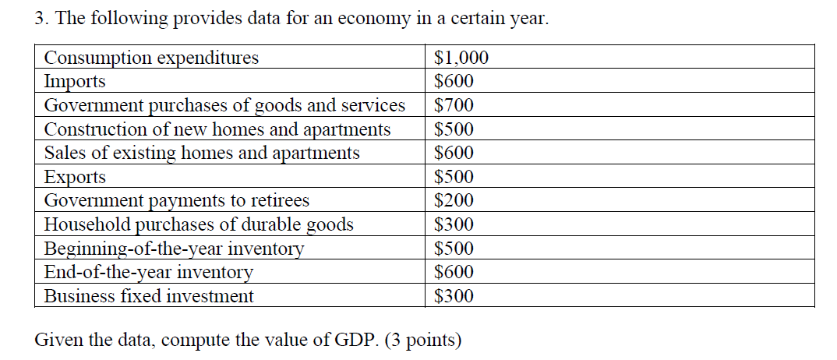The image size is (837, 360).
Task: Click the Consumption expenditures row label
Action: click(151, 58)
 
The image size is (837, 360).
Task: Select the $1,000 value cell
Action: click(461, 58)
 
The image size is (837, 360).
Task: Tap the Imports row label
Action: click(75, 81)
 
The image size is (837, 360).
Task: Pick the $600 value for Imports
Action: click(454, 81)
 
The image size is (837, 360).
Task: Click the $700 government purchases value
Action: click(454, 105)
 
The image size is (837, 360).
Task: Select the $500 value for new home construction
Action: click(454, 129)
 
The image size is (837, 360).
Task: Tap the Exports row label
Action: click(75, 177)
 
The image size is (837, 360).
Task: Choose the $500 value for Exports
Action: click(454, 177)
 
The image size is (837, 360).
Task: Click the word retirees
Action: click(280, 200)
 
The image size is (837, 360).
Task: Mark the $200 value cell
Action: click(454, 200)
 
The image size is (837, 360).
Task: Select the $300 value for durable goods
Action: click(454, 224)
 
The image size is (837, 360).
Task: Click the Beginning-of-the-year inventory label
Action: click(174, 249)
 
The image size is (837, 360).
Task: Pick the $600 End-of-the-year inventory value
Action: click(454, 272)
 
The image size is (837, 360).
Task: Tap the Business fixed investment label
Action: click(148, 296)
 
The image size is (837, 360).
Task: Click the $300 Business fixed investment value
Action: click(454, 296)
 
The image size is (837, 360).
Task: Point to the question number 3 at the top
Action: click(41, 19)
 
